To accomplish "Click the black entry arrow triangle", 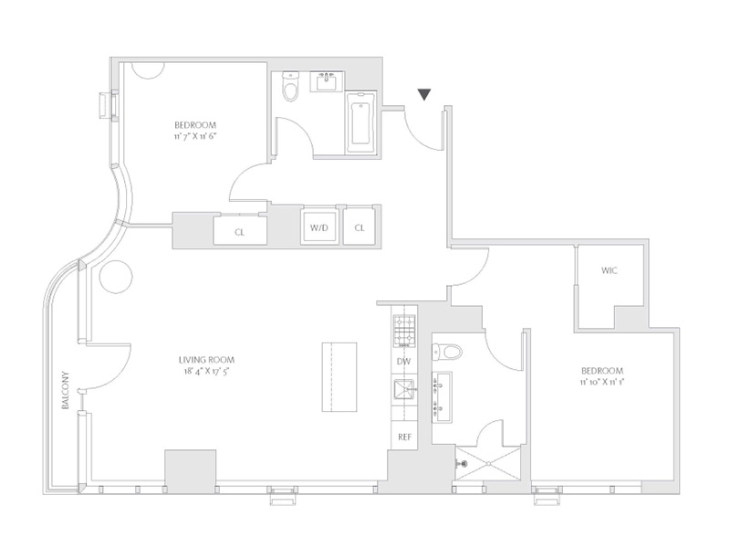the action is coord(423,94).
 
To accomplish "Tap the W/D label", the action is coord(319,227).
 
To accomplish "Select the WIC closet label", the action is coord(609,270).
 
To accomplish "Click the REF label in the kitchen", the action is coord(404,437).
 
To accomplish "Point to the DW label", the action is coord(404,362).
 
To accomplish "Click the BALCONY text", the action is coord(66,391).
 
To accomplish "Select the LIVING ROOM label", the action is coord(207,360).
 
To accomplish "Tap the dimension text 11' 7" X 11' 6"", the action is coord(195,136).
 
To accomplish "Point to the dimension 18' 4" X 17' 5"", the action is coord(207,372).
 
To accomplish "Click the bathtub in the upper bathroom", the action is coord(360,123).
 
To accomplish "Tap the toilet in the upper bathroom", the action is coord(290,87).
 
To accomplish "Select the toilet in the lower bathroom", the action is coord(447,351).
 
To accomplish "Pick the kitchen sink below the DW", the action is coord(403,389).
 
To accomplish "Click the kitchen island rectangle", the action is coord(339,377).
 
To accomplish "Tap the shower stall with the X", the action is coord(488,464).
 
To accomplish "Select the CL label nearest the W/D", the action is coord(360,227).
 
